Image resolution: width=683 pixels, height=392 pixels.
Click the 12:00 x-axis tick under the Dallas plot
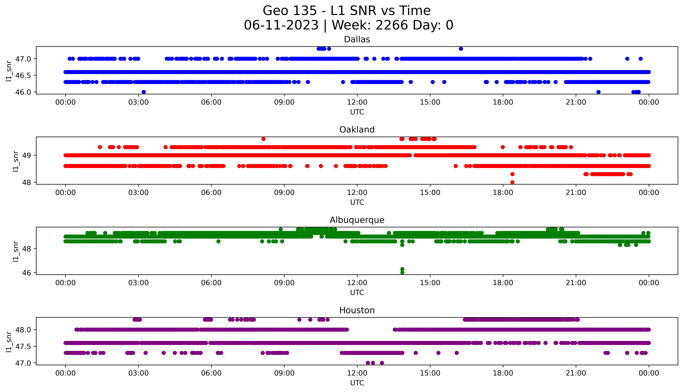357,102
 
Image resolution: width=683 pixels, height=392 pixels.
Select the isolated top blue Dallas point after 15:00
461,49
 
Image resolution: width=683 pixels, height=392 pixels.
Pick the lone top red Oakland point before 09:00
263,139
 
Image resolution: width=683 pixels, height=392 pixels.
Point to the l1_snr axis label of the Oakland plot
16,161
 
